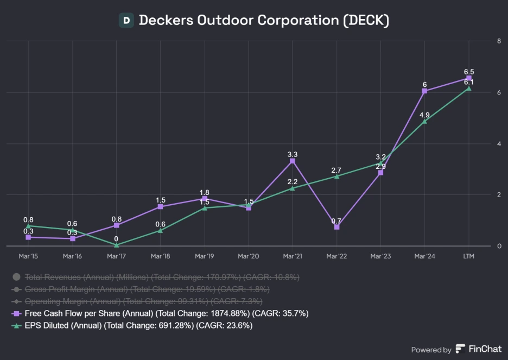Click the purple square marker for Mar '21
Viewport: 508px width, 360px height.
293,161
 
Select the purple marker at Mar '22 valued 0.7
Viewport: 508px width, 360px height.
336,227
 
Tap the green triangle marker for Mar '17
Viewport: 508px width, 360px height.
116,245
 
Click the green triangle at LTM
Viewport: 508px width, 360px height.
469,88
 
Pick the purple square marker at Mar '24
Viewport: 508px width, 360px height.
424,91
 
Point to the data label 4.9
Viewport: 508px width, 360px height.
424,115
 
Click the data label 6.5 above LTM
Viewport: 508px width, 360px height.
469,72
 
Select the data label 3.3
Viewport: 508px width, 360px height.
293,154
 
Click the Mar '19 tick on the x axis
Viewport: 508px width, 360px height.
205,256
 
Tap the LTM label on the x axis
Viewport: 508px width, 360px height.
469,256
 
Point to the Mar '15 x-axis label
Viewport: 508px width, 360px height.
28,256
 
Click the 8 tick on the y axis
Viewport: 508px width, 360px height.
498,41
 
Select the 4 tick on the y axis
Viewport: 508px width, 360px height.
498,143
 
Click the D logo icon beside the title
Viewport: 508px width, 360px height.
126,21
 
